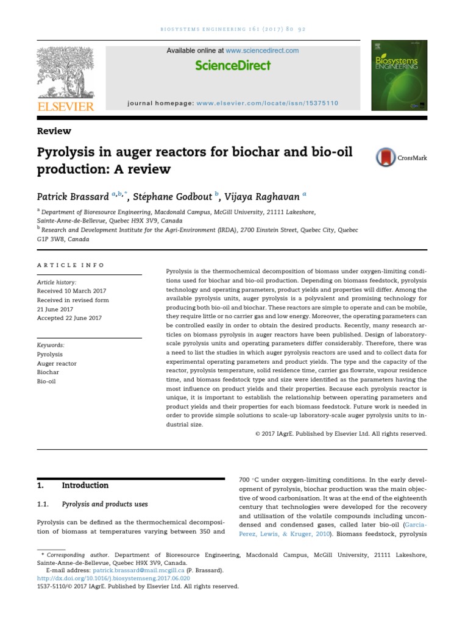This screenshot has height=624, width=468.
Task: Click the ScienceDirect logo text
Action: [233, 66]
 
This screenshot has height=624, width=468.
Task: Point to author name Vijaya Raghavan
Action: [259, 196]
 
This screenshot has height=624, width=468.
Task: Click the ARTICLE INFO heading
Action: [71, 266]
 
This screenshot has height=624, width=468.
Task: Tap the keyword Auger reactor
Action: [57, 363]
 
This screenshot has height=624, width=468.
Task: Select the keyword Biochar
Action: [48, 372]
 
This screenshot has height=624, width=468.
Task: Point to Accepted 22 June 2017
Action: [69, 318]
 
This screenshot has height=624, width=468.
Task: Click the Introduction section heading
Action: [85, 486]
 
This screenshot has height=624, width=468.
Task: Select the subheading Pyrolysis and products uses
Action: [105, 505]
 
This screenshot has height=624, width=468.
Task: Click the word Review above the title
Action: [54, 131]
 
